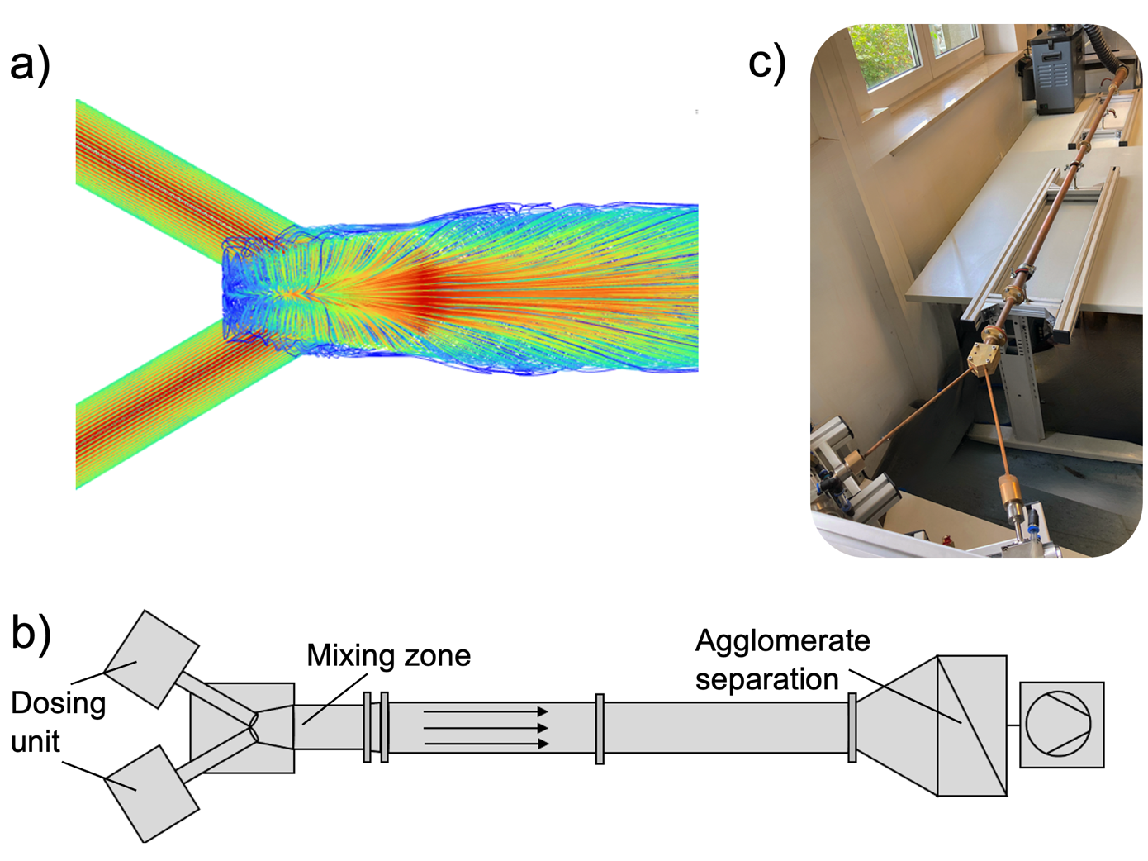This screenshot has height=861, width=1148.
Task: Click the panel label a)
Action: tap(30, 64)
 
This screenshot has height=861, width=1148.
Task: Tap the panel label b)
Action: tap(31, 635)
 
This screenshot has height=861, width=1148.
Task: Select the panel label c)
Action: tap(766, 63)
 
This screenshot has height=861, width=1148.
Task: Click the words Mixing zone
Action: tap(388, 655)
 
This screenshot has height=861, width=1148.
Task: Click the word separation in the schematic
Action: tap(766, 679)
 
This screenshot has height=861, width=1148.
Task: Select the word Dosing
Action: tap(58, 703)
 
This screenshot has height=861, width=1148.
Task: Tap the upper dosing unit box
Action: tap(151, 659)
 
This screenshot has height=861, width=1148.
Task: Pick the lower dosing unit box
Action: tap(151, 793)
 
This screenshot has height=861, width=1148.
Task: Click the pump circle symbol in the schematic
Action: tap(1058, 724)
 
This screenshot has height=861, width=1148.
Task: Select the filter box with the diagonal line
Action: tap(971, 725)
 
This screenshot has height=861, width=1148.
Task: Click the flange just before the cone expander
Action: tap(852, 727)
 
